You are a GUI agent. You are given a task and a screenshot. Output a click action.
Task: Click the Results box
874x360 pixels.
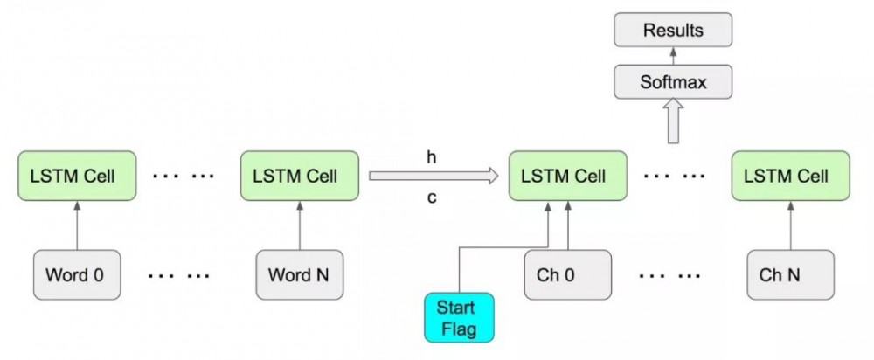tap(673, 31)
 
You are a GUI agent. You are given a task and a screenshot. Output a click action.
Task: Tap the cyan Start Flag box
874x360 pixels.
tap(459, 317)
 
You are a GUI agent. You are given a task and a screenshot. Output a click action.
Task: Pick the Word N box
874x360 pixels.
tap(300, 275)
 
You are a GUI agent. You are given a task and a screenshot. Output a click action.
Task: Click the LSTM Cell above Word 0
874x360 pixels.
tap(78, 176)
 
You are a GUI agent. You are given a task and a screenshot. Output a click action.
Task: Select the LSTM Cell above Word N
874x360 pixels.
tap(300, 176)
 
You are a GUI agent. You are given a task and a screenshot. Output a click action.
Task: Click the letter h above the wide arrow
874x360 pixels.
tap(431, 157)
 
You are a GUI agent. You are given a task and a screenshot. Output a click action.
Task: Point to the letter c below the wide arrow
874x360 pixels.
tap(431, 197)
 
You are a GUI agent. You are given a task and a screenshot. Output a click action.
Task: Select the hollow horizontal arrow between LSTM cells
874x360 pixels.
tap(434, 177)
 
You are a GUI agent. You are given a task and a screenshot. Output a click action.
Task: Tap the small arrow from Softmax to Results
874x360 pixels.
tap(673, 57)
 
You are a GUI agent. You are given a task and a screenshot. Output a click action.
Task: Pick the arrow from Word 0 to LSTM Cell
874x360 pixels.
tap(78, 225)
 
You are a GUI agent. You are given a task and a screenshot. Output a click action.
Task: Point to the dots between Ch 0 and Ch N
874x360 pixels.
tap(669, 276)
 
